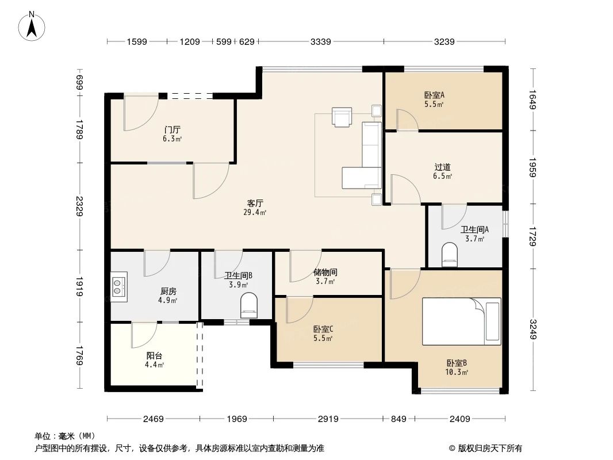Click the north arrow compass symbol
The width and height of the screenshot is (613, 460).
(33, 26)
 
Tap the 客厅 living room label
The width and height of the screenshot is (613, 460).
(255, 203)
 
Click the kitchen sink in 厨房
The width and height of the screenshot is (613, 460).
(119, 286)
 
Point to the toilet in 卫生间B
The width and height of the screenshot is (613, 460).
(249, 305)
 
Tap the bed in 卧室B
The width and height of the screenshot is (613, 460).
(461, 321)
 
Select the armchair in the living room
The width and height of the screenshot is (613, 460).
(342, 117)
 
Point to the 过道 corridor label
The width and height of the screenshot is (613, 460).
(442, 167)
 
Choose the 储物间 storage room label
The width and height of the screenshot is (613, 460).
(325, 272)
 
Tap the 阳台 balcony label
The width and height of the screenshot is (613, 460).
(154, 356)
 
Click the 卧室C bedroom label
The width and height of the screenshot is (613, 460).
(323, 329)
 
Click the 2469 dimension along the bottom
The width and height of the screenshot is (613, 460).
(154, 419)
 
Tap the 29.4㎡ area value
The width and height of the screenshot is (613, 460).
(255, 212)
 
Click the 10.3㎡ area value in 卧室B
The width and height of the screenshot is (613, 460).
(457, 372)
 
